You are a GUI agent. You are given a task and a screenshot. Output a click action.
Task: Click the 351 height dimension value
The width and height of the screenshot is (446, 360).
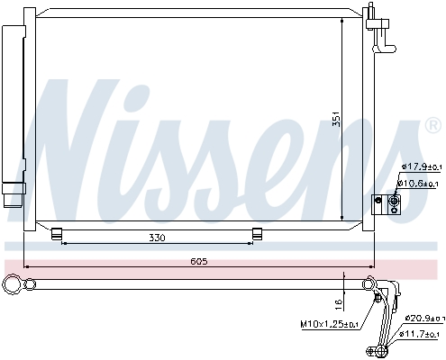coord(335,119)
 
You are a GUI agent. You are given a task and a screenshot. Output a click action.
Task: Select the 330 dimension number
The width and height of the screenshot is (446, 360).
coord(159,238)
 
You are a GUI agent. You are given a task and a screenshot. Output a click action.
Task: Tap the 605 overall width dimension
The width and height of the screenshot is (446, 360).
coord(199,261)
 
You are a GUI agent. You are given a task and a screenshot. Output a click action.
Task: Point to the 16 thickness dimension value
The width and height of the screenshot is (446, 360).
coord(338,303)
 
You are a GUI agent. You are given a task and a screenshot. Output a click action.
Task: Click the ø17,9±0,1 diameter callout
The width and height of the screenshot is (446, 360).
coord(419,166)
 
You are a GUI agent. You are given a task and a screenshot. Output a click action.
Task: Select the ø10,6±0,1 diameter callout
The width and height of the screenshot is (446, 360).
coord(419,184)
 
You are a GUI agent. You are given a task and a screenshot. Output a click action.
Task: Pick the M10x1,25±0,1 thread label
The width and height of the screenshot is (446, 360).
coord(328,324)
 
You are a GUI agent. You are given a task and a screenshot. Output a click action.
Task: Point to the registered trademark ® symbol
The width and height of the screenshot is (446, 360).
coord(432,127)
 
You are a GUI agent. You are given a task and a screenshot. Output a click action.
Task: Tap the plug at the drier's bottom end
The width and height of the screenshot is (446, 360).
coord(14,193)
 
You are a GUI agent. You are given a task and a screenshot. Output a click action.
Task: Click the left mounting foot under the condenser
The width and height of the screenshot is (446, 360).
coord(58,235)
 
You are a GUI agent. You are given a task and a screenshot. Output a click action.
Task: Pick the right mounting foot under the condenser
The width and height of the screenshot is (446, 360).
coord(258,235)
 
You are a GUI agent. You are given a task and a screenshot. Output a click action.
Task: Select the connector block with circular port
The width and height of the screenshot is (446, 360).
coord(383,206)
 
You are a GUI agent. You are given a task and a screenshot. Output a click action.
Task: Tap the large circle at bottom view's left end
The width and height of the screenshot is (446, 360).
coord(13,286)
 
